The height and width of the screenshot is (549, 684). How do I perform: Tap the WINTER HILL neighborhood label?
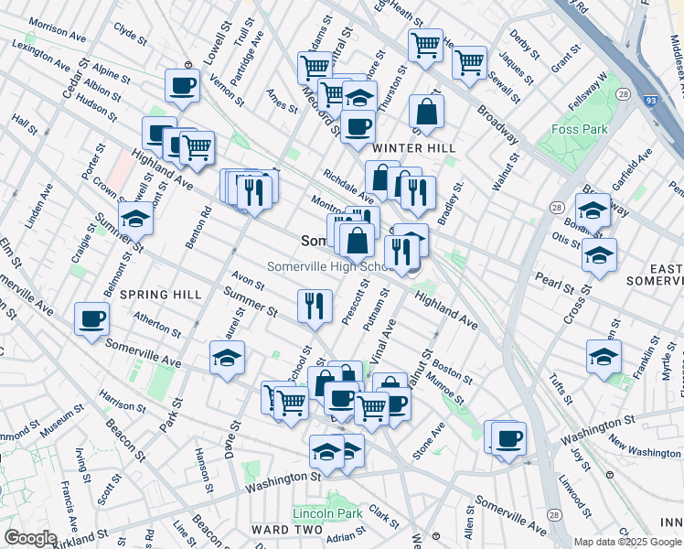point(408,147)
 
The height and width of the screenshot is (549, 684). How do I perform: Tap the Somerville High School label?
point(331,266)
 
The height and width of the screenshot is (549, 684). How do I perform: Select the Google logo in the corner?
point(30,538)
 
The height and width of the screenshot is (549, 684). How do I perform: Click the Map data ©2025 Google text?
point(627,542)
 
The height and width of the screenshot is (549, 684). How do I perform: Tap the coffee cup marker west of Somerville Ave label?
point(91,319)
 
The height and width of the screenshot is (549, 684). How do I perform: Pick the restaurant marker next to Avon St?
point(315,305)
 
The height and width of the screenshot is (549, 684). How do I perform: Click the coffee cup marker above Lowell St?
point(182,86)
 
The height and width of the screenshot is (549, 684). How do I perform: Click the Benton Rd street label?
point(204,227)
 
